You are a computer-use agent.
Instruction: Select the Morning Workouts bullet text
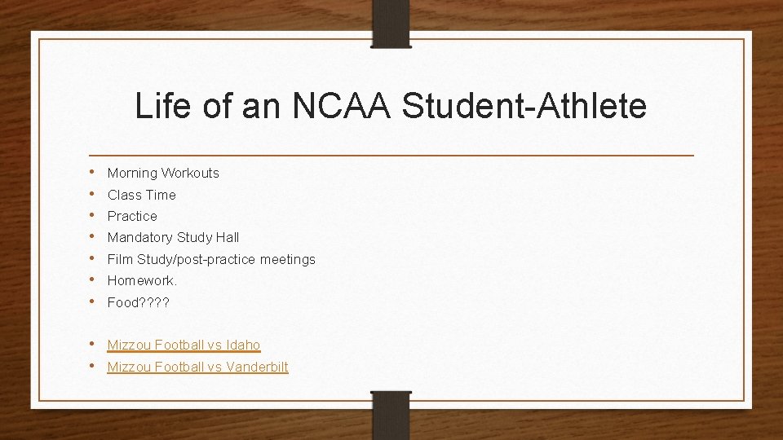pyautogui.click(x=163, y=173)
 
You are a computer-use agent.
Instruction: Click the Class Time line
pyautogui.click(x=141, y=195)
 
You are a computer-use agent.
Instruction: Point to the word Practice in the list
pyautogui.click(x=132, y=216)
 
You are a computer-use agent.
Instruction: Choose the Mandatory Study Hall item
pyautogui.click(x=173, y=238)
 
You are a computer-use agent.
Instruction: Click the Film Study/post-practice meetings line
pyautogui.click(x=211, y=259)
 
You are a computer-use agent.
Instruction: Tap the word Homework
pyautogui.click(x=142, y=281)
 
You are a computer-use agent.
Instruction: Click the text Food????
pyautogui.click(x=138, y=302)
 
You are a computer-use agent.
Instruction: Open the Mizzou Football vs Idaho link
pyautogui.click(x=184, y=345)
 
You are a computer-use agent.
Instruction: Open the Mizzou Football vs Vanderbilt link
pyautogui.click(x=197, y=367)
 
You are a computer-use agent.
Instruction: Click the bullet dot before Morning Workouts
pyautogui.click(x=95, y=172)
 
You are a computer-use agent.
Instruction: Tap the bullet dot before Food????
pyautogui.click(x=95, y=301)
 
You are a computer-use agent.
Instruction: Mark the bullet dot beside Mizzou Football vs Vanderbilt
pyautogui.click(x=95, y=366)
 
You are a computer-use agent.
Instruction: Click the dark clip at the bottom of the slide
pyautogui.click(x=391, y=416)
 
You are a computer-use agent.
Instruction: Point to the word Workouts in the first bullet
pyautogui.click(x=190, y=173)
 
